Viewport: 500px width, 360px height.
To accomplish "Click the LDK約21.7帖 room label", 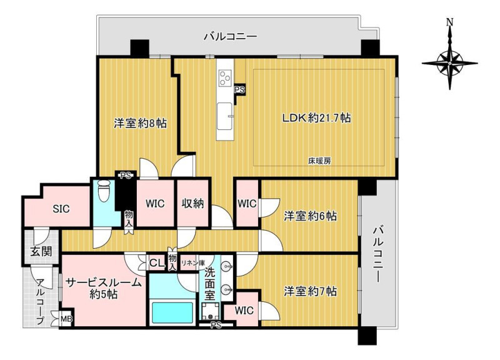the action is pyautogui.click(x=316, y=118).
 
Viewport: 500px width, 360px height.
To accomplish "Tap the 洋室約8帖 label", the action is pyautogui.click(x=140, y=123).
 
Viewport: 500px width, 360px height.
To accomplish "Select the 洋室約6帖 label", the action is pyautogui.click(x=310, y=216).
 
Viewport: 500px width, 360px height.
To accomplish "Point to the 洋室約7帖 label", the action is pyautogui.click(x=310, y=291).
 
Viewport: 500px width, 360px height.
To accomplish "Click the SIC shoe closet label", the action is pyautogui.click(x=61, y=209).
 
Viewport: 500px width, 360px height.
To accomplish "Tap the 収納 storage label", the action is pyautogui.click(x=193, y=203).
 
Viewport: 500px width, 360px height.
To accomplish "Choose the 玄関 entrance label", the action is pyautogui.click(x=41, y=252).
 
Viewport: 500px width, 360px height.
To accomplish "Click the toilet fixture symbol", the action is pyautogui.click(x=103, y=191).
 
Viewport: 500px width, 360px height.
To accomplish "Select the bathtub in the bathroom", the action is pyautogui.click(x=172, y=312).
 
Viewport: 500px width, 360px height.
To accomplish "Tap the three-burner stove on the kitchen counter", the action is pyautogui.click(x=224, y=78).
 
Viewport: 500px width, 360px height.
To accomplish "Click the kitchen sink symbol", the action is pyautogui.click(x=225, y=116).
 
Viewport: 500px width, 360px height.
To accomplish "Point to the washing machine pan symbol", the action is pyautogui.click(x=210, y=311).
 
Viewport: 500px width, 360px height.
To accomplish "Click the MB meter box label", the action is pyautogui.click(x=66, y=319).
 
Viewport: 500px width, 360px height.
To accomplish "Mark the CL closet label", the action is pyautogui.click(x=157, y=263).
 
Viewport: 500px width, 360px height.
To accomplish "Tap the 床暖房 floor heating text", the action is pyautogui.click(x=319, y=161).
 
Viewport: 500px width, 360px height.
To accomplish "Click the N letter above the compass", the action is pyautogui.click(x=449, y=22).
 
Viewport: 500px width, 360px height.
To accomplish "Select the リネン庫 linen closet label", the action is pyautogui.click(x=193, y=262).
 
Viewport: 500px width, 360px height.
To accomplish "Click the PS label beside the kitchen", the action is pyautogui.click(x=240, y=90).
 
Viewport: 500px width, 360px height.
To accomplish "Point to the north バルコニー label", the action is pyautogui.click(x=230, y=36).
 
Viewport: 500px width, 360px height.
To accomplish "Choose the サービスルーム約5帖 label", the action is pyautogui.click(x=104, y=288).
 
